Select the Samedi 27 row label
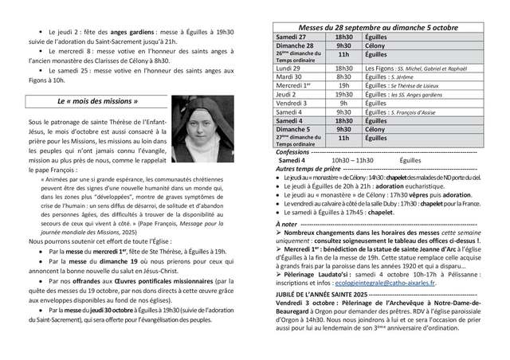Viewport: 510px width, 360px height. click(x=291, y=37)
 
